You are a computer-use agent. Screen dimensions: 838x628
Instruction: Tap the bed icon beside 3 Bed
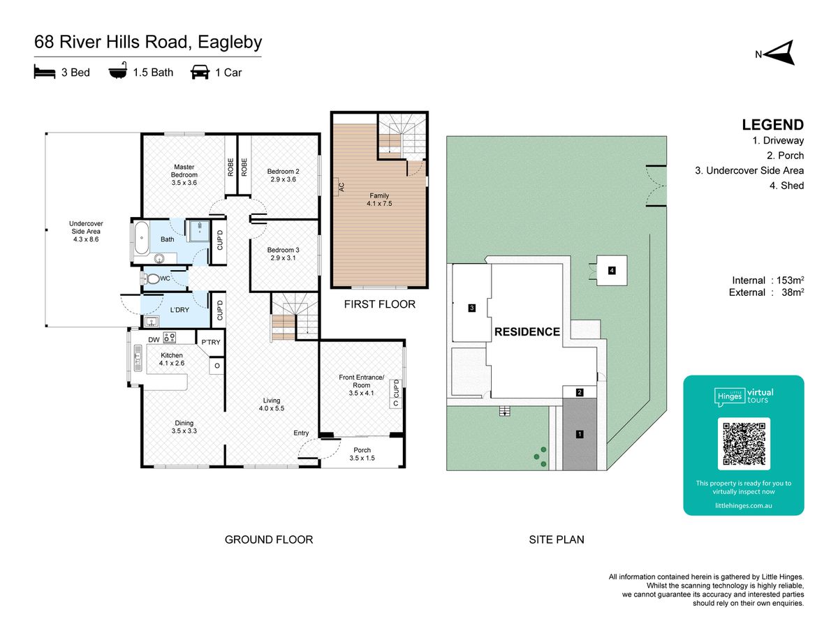coord(45,72)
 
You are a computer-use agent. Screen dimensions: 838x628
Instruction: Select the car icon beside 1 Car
coord(200,72)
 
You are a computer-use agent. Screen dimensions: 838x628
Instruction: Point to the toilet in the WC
coord(152,278)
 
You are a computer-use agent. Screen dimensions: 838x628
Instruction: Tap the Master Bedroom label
coord(184,174)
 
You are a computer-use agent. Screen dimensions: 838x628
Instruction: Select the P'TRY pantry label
coord(211,342)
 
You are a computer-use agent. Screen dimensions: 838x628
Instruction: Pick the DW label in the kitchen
coord(154,340)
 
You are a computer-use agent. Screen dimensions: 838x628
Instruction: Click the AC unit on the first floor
coord(338,187)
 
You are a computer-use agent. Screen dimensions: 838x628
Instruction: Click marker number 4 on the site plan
coord(612,270)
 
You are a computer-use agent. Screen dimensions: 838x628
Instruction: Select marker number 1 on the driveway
coord(580,434)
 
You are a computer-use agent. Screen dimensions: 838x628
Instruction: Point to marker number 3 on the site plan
coord(472,308)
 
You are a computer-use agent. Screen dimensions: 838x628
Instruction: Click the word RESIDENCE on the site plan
coord(527,331)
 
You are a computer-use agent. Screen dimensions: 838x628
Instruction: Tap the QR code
coord(744,444)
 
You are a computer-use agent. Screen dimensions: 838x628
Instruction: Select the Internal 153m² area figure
coord(767,281)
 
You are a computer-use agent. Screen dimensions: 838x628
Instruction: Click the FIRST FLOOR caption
coord(379,304)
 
